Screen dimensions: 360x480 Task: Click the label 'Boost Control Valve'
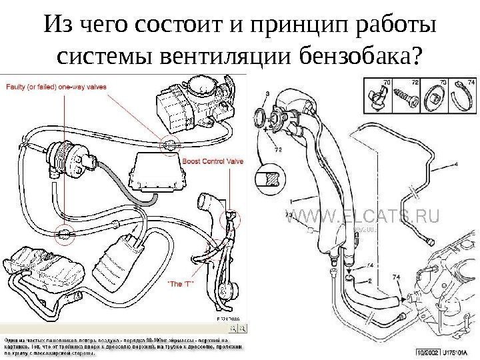[x=213, y=161]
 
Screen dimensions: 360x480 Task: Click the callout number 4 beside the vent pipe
[x=455, y=163]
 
